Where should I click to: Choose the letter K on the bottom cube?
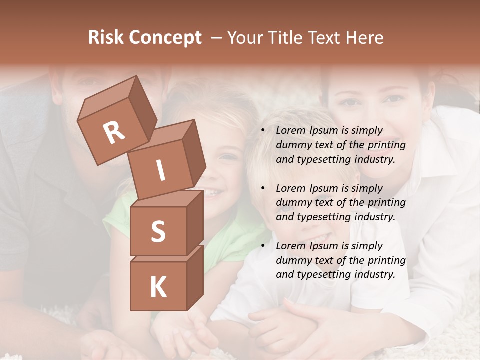tap(158, 287)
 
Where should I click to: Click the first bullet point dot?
tap(263, 131)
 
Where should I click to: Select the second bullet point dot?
tap(263, 189)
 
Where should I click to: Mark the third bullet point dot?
tap(263, 246)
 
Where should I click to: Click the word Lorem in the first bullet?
tap(290, 131)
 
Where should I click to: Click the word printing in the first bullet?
tap(387, 145)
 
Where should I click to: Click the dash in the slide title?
tap(216, 38)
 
